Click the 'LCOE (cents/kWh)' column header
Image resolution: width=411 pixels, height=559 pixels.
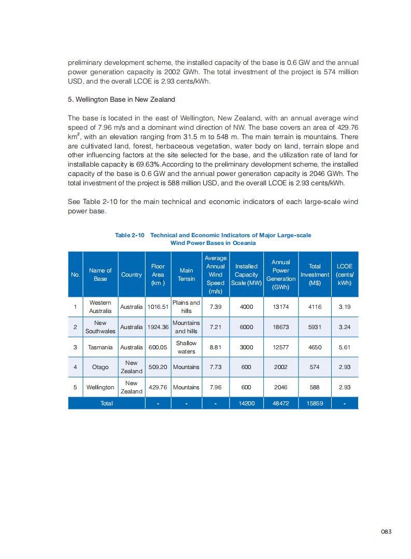[x=344, y=275]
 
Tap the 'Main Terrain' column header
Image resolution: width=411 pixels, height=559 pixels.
[x=186, y=275]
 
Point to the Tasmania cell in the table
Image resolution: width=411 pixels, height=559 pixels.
[x=100, y=347]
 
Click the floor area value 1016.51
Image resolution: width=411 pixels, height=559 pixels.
[x=158, y=307]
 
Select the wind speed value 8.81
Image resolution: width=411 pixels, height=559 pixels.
[x=215, y=347]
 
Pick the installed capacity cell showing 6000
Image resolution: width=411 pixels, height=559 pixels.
[x=246, y=327]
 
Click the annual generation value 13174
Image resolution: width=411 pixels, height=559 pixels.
[x=281, y=307]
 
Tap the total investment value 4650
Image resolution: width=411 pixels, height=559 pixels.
[x=315, y=347]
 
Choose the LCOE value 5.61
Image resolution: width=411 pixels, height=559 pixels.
[x=344, y=347]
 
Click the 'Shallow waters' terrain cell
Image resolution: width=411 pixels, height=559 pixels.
[x=186, y=347]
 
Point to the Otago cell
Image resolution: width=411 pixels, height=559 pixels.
[x=100, y=367]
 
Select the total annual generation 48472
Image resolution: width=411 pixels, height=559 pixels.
[x=281, y=403]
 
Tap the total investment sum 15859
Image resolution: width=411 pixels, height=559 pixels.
[x=315, y=403]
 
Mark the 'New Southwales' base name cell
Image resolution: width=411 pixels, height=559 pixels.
[x=100, y=327]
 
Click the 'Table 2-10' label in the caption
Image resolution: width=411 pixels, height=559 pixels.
[x=129, y=235]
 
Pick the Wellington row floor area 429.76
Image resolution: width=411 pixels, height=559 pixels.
[x=158, y=387]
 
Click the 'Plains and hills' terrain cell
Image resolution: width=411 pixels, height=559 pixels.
[x=186, y=307]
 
